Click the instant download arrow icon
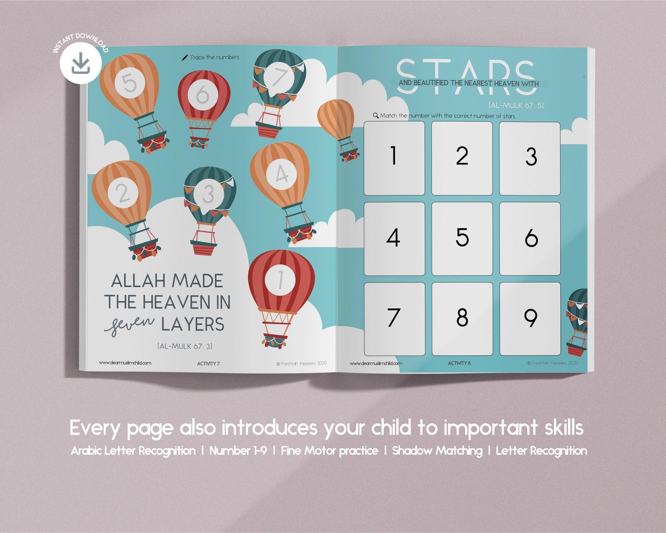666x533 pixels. click(81, 64)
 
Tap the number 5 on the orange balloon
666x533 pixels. click(130, 83)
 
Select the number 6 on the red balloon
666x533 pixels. click(202, 94)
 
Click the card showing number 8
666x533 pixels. click(462, 319)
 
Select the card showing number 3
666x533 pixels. click(530, 158)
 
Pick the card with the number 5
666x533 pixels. click(462, 238)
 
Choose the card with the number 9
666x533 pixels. click(530, 319)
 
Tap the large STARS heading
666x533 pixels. click(466, 76)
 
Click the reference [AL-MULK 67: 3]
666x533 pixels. click(185, 346)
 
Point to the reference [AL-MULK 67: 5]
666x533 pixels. click(515, 105)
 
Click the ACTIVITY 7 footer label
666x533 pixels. click(208, 363)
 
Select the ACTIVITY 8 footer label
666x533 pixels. click(459, 363)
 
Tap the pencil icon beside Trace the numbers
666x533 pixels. click(185, 57)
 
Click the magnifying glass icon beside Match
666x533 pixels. click(376, 115)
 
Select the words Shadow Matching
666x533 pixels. click(437, 451)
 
